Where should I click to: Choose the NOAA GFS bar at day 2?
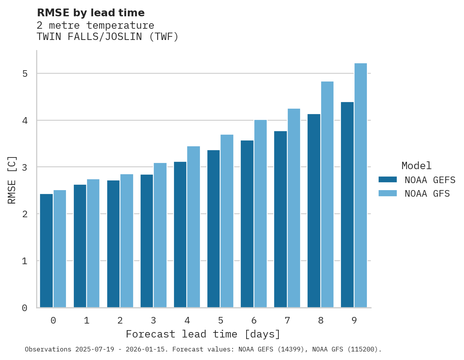(x=127, y=241)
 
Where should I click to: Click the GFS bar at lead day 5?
(x=227, y=221)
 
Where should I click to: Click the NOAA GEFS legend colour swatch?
(x=388, y=180)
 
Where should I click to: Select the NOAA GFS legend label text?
(x=427, y=194)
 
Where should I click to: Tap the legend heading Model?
(x=416, y=166)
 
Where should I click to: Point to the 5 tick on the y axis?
(x=24, y=74)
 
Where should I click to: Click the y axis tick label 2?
(x=24, y=214)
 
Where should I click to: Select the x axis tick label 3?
(x=153, y=320)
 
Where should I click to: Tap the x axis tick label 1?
(x=87, y=320)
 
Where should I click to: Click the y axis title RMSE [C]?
(x=12, y=180)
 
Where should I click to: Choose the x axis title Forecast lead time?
(x=203, y=334)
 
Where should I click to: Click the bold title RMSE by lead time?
(x=90, y=13)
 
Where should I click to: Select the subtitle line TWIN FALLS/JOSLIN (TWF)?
(x=108, y=37)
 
